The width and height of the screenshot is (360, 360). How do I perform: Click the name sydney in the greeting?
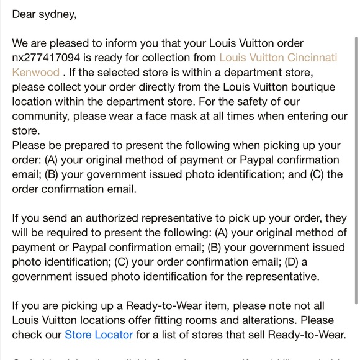coord(56,13)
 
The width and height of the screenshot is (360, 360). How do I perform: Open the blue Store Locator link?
coord(99,335)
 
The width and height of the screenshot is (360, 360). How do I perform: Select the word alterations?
coord(273,321)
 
